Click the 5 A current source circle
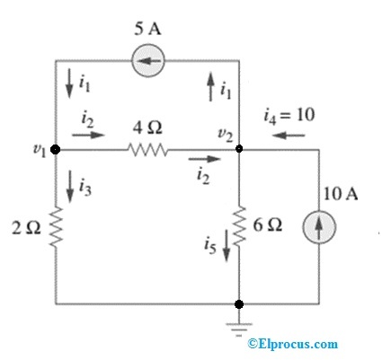point(147,61)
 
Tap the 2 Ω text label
point(27,228)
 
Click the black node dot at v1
point(56,151)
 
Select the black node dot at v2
point(239,151)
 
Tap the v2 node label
point(227,136)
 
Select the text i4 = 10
point(289,114)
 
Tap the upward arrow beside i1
point(209,88)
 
